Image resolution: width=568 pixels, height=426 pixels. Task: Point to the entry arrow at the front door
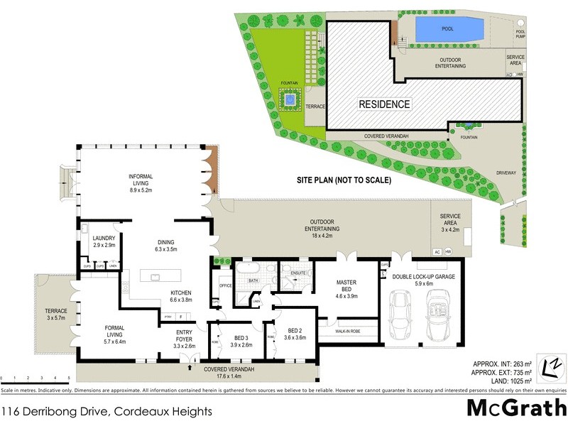pyautogui.click(x=190, y=367)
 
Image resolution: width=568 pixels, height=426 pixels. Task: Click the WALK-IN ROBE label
pyautogui.click(x=344, y=331)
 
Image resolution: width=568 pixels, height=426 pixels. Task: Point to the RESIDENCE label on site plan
pyautogui.click(x=383, y=104)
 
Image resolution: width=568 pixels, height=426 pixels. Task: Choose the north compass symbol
pyautogui.click(x=549, y=366)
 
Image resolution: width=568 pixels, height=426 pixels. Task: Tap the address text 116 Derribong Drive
pyautogui.click(x=106, y=410)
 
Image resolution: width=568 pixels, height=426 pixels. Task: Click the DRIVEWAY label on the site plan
pyautogui.click(x=506, y=173)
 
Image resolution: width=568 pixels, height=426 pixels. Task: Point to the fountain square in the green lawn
pyautogui.click(x=290, y=102)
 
